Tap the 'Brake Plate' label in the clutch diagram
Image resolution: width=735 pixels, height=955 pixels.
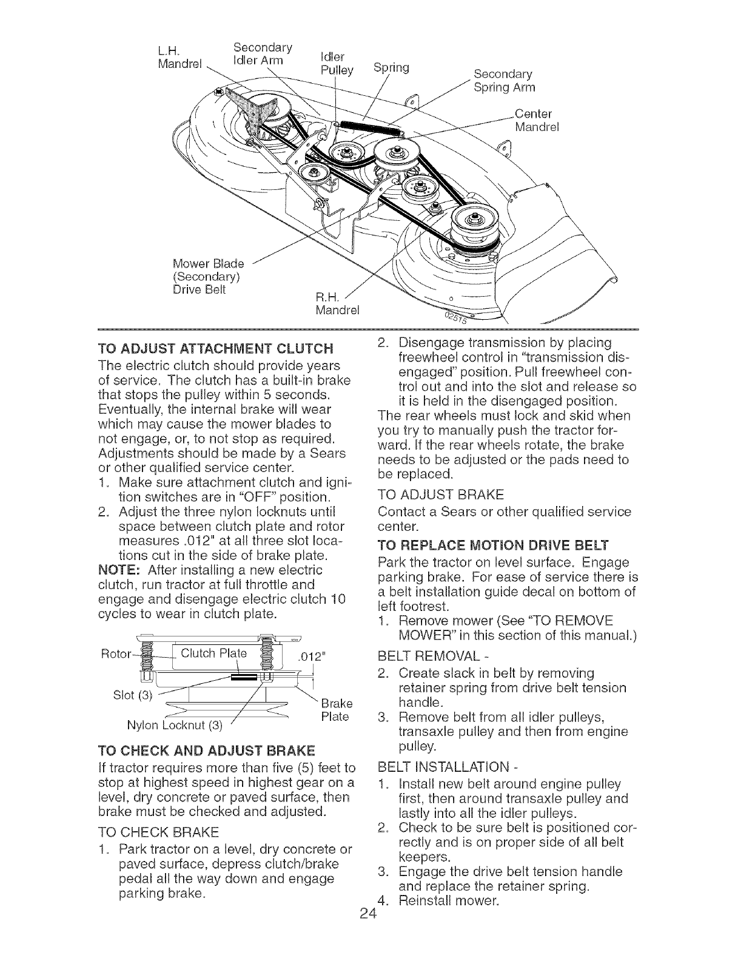click(x=334, y=711)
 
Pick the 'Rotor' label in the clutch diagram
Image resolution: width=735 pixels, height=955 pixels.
click(x=110, y=655)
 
